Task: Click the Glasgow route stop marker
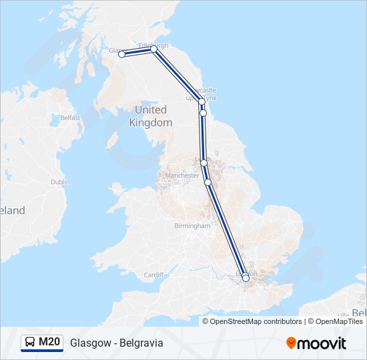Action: [x=121, y=55]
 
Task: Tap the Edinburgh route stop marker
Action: [x=153, y=49]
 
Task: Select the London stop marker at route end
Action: [x=246, y=278]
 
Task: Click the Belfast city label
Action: [x=70, y=118]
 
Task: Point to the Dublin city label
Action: [x=59, y=181]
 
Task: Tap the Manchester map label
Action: [x=181, y=175]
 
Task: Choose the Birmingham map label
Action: [x=192, y=226]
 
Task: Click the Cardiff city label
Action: [x=153, y=275]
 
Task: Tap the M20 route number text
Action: [x=49, y=343]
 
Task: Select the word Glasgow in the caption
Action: [x=89, y=343]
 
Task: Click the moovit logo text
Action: [x=322, y=343]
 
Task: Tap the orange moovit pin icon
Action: [x=292, y=343]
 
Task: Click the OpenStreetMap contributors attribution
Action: [x=256, y=321]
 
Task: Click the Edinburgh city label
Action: [x=153, y=45]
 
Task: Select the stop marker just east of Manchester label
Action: [x=208, y=182]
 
